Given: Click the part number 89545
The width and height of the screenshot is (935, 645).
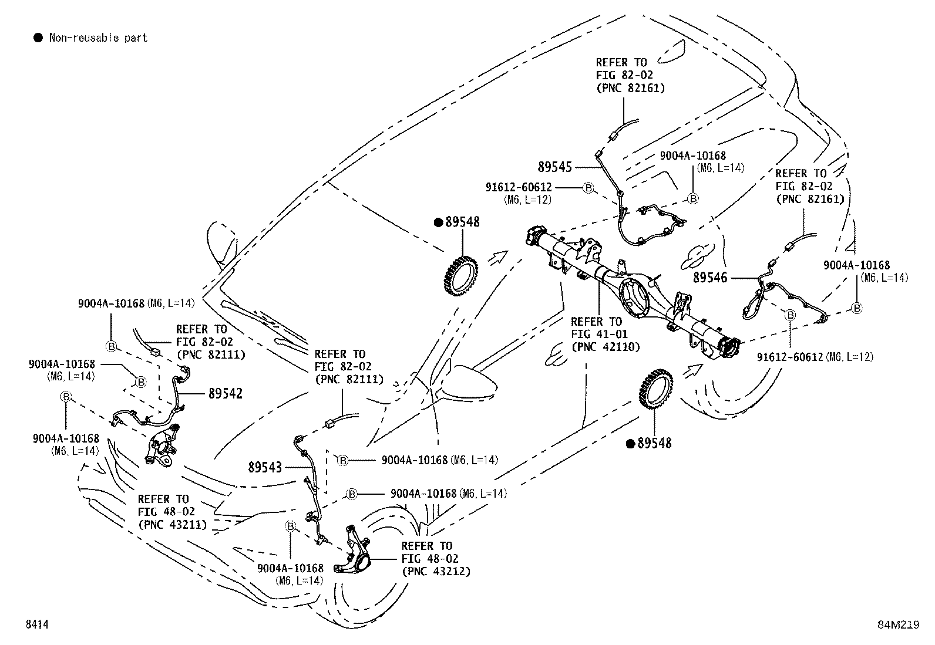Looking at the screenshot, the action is tap(555, 167).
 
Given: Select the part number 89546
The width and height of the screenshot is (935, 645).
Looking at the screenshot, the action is tap(710, 278).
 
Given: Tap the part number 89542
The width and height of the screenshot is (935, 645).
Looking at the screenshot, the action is tap(226, 393).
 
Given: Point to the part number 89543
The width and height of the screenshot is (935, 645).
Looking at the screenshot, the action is tap(265, 467).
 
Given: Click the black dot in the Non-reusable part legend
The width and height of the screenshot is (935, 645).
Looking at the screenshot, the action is tap(38, 38).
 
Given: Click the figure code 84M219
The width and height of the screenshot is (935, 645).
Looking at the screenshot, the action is tap(898, 625).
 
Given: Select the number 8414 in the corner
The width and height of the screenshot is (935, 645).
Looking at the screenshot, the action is tap(37, 624).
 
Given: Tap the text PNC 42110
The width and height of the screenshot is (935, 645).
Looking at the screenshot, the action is tap(606, 347).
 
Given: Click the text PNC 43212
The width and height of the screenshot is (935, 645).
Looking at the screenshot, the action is tap(436, 571).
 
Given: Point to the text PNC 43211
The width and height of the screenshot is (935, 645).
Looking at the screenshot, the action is tap(172, 525).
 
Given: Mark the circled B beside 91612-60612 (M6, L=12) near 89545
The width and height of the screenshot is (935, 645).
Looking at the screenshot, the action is tap(588, 188).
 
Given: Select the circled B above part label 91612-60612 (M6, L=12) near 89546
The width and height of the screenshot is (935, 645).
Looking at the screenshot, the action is tap(790, 315).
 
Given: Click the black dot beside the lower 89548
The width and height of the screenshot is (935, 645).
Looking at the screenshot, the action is tap(630, 444).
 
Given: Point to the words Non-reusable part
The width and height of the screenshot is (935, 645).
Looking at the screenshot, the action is tap(99, 38).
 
